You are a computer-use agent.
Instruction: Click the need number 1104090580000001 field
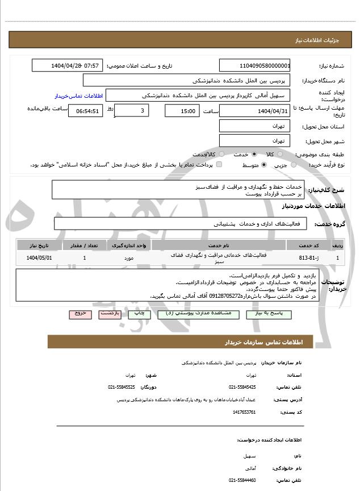click(255, 65)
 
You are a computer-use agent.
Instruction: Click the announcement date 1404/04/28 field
click(68, 65)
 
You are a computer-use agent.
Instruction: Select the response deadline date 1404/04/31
click(255, 111)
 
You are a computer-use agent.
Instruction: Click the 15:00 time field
click(182, 111)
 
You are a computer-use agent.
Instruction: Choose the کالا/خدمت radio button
click(221, 154)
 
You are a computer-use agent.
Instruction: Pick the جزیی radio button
click(294, 165)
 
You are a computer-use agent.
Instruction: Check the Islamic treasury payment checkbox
click(219, 165)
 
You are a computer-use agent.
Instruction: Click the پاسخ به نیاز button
click(270, 314)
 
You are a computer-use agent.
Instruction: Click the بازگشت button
click(108, 314)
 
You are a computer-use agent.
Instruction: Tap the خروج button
click(80, 314)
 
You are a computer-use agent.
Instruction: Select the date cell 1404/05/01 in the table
click(39, 258)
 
